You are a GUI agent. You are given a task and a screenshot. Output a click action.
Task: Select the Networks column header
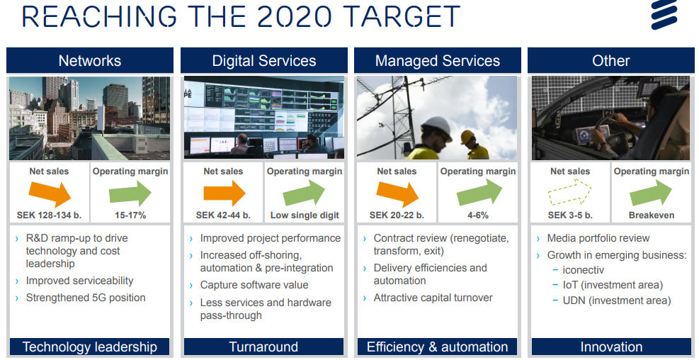[x=90, y=61]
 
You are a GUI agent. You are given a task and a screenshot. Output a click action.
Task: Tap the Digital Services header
[x=263, y=61]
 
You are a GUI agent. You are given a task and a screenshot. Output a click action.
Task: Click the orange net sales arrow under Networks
[x=51, y=193]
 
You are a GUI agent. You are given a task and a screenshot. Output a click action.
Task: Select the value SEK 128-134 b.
[x=50, y=215]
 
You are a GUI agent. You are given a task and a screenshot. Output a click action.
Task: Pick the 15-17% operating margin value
[x=131, y=215]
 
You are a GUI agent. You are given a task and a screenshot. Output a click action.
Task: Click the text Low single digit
[x=305, y=215]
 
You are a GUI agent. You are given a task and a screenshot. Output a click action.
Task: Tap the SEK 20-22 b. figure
[x=397, y=215]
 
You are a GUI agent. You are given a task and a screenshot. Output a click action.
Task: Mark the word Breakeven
[x=651, y=215]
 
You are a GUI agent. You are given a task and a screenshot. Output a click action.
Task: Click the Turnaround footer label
[x=263, y=347]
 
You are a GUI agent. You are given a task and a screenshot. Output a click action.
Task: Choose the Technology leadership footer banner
[x=90, y=347]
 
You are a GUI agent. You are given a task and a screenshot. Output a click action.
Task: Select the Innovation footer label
[x=610, y=347]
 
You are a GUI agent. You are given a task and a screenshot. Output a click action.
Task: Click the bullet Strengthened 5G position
[x=86, y=298]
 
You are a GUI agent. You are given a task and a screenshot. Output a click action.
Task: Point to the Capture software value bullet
[x=254, y=285]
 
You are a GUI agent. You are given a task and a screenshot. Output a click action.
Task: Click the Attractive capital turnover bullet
[x=433, y=298]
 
